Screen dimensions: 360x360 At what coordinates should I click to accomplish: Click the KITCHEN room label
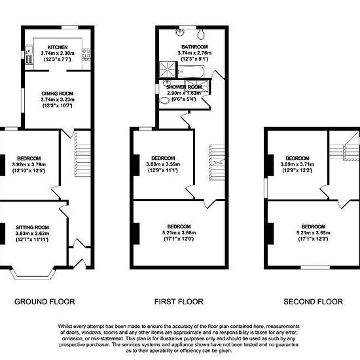click(x=58, y=47)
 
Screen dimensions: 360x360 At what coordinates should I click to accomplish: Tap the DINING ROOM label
click(x=58, y=94)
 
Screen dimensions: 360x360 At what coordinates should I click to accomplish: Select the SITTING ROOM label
click(x=32, y=227)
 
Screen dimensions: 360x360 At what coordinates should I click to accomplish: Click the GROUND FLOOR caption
click(x=45, y=302)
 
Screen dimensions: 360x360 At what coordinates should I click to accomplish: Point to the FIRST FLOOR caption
click(x=179, y=302)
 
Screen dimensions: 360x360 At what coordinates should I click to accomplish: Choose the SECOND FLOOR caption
click(x=313, y=302)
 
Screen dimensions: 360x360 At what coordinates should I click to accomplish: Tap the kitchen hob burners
click(x=86, y=54)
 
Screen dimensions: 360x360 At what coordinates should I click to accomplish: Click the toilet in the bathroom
click(x=201, y=33)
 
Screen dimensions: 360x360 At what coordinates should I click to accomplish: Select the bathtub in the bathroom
click(x=191, y=71)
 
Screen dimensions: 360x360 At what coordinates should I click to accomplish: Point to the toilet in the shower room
click(x=164, y=100)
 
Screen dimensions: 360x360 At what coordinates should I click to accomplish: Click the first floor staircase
click(x=217, y=162)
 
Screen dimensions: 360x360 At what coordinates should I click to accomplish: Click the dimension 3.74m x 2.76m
click(x=194, y=53)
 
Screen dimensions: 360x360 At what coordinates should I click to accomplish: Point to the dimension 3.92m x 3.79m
click(x=29, y=164)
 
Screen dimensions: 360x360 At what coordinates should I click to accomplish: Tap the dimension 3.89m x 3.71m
click(x=297, y=164)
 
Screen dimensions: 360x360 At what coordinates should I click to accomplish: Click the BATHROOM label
click(x=194, y=47)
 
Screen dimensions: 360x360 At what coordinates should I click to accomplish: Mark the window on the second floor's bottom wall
click(x=315, y=267)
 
